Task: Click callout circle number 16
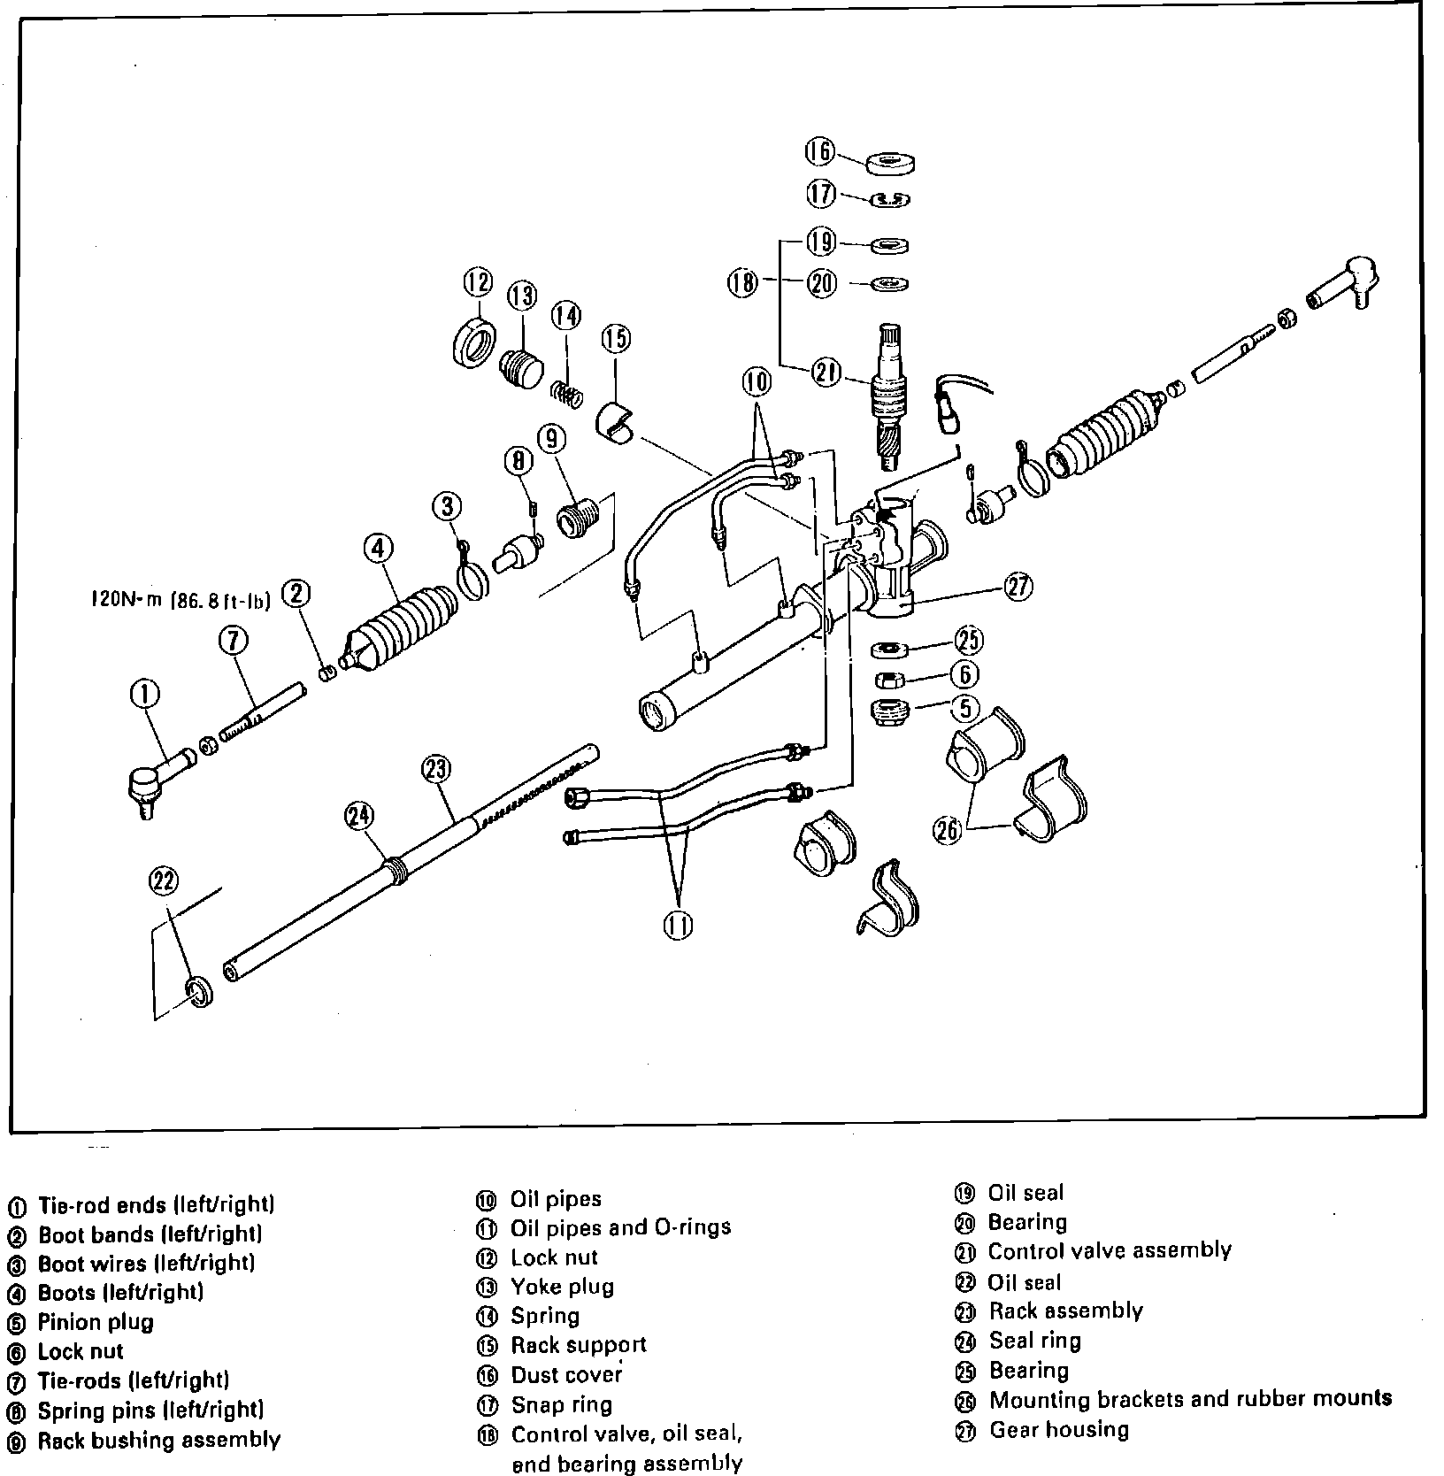click(819, 152)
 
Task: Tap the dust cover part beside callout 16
click(890, 164)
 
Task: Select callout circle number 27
click(1018, 587)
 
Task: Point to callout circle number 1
click(145, 695)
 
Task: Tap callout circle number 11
click(678, 925)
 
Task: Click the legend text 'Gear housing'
click(1058, 1429)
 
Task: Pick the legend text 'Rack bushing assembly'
click(158, 1440)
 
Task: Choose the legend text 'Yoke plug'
click(562, 1287)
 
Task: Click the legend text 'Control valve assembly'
click(1109, 1250)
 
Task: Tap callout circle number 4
click(378, 549)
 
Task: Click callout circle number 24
click(360, 814)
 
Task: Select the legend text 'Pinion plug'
click(96, 1322)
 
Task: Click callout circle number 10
click(757, 382)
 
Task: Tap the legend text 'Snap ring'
click(561, 1404)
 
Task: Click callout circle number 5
click(964, 708)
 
